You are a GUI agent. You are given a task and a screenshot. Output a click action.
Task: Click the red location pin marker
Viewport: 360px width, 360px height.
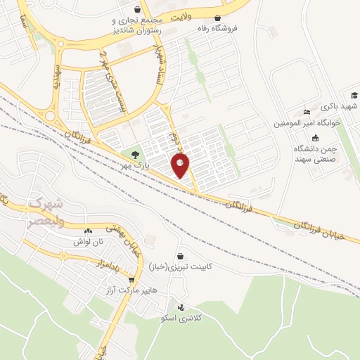coord(181,166)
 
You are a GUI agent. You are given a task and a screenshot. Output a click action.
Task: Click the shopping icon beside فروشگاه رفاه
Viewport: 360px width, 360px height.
coord(218,18)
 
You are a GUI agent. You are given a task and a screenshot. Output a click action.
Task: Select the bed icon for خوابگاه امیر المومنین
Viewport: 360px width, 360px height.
coord(306,113)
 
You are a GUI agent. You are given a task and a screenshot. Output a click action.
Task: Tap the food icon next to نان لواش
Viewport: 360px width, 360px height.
coord(88,231)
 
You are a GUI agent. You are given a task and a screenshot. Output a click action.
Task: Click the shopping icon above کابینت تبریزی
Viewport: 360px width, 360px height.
coord(182,257)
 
